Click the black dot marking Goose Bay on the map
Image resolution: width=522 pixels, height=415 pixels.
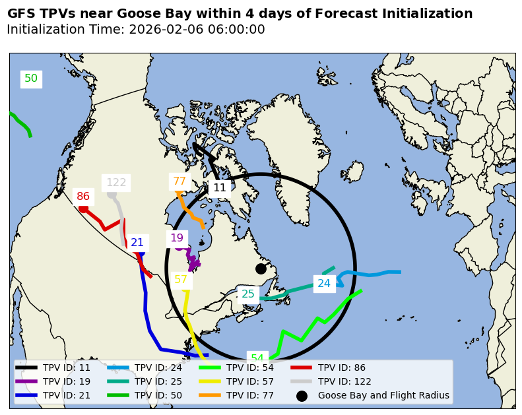[x=261, y=269]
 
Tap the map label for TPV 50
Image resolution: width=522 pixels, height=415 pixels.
[x=31, y=79]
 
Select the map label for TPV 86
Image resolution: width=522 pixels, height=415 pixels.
[x=83, y=196]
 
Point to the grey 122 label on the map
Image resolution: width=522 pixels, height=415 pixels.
[x=116, y=183]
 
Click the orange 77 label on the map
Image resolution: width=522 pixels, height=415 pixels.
[x=179, y=181]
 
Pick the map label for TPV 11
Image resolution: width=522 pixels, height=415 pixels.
[x=220, y=187]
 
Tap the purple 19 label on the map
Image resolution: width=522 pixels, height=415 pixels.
[x=177, y=238]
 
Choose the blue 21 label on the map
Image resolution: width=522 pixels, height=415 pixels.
[x=137, y=243]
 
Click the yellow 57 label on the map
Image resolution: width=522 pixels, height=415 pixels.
[x=181, y=280]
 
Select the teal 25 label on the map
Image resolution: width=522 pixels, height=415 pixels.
[x=248, y=294]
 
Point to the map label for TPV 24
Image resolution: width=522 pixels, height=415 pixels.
[x=324, y=284]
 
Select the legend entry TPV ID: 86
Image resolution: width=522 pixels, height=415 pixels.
[x=341, y=367]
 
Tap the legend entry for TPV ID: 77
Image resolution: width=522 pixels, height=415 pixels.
[x=249, y=396]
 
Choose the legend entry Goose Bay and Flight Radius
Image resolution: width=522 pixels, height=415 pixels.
[x=383, y=396]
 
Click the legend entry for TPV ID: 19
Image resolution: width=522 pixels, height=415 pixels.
[x=66, y=381]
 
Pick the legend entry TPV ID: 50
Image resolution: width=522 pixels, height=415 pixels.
[x=158, y=396]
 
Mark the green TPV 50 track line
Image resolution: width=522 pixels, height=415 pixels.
[x=22, y=123]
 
